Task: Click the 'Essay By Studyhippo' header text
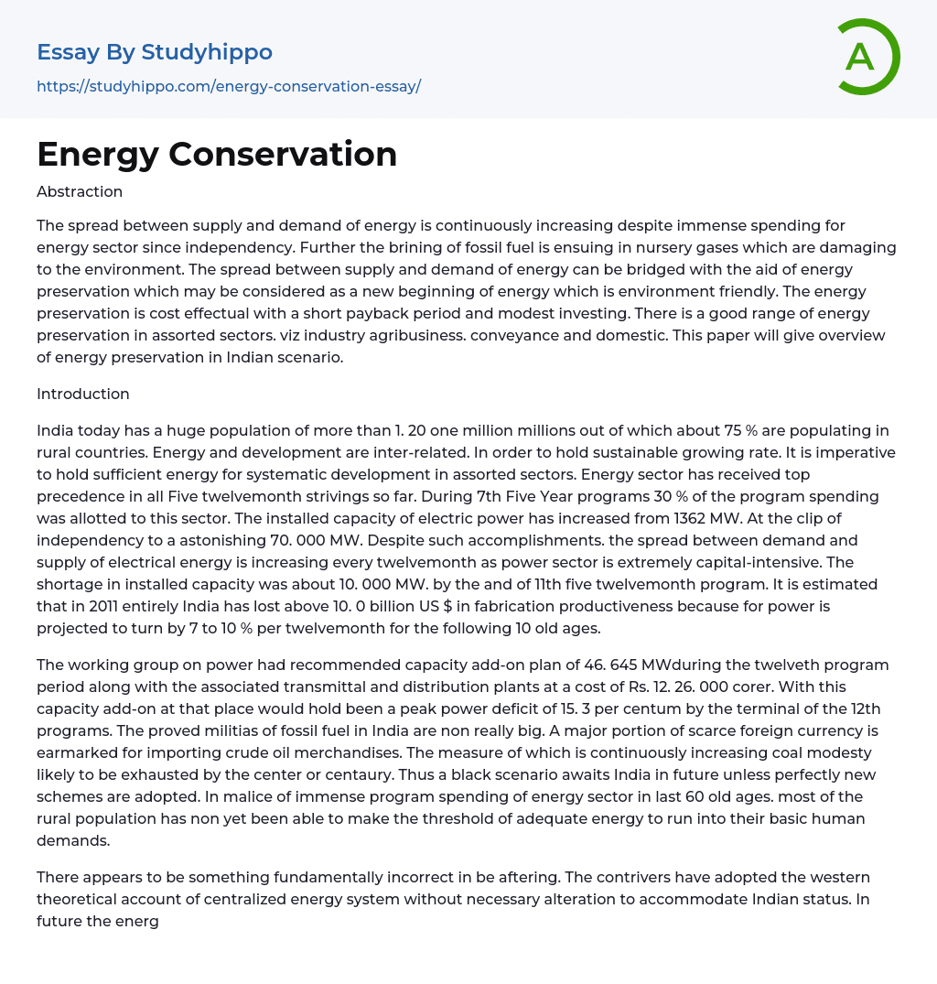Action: [x=155, y=52]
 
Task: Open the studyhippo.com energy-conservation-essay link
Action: [x=229, y=86]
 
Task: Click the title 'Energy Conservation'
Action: [x=217, y=155]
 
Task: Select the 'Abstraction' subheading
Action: [x=80, y=191]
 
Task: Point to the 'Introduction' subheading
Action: [x=83, y=394]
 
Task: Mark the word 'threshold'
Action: [x=408, y=818]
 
